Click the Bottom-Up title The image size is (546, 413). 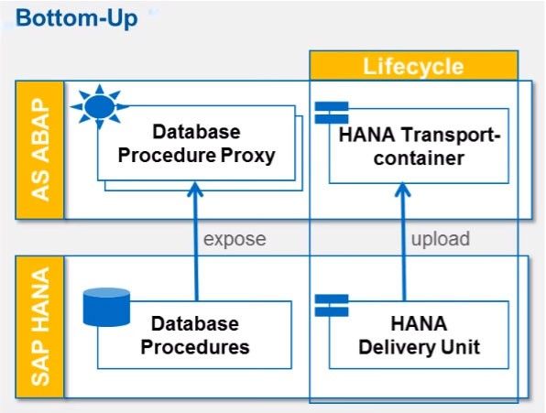(77, 18)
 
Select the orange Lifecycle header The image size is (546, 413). (414, 66)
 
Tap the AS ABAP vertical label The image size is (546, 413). (40, 149)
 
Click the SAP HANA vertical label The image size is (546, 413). (40, 327)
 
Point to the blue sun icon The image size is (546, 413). (100, 106)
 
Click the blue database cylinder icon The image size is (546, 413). (106, 307)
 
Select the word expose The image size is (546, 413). (235, 239)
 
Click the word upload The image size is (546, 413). (441, 239)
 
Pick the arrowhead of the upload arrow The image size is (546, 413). (403, 190)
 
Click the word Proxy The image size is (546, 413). (248, 156)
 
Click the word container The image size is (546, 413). (419, 158)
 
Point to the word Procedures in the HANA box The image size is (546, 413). (195, 347)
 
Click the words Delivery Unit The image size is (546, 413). (420, 347)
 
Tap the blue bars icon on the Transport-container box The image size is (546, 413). (332, 113)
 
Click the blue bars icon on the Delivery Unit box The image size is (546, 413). (332, 306)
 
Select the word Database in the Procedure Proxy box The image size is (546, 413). (196, 132)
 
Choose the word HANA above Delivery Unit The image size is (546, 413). (419, 323)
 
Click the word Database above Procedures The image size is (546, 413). (195, 323)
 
